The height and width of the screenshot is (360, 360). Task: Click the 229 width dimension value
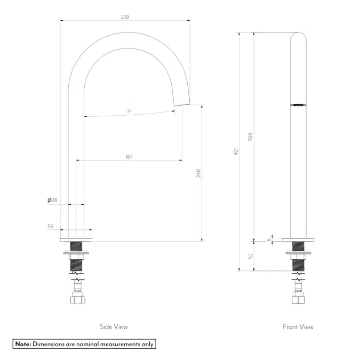click(x=125, y=17)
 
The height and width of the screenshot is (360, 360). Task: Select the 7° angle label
click(x=129, y=112)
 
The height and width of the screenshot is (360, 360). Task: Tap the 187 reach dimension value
click(x=129, y=157)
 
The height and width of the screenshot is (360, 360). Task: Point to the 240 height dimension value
click(x=198, y=173)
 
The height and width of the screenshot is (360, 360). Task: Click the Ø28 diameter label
click(x=52, y=201)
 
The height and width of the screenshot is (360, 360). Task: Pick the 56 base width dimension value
click(x=50, y=227)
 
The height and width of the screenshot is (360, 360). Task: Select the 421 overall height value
click(x=235, y=151)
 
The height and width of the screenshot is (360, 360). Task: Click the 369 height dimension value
click(x=250, y=137)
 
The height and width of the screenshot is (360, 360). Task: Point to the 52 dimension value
click(x=250, y=257)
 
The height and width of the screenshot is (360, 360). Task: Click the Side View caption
click(x=114, y=326)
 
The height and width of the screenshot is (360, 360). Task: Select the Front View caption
click(x=298, y=326)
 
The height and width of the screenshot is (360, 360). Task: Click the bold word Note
click(x=23, y=344)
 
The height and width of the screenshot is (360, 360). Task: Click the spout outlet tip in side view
click(x=182, y=102)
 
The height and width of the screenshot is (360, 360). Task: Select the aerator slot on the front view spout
click(x=298, y=104)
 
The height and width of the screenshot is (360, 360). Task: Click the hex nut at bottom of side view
click(x=77, y=300)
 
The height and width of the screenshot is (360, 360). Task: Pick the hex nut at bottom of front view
click(x=298, y=300)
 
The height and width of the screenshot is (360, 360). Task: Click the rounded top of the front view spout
click(x=298, y=36)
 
